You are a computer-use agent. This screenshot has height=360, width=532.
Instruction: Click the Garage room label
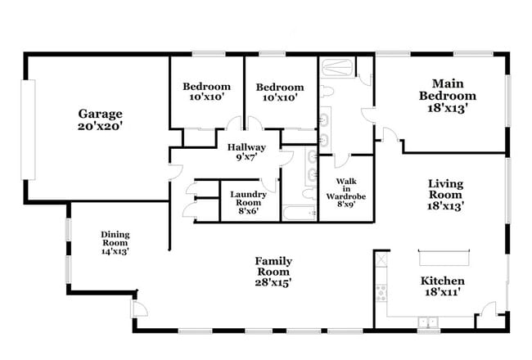[x=100, y=114]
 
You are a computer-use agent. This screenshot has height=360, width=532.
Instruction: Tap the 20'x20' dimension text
[x=100, y=126]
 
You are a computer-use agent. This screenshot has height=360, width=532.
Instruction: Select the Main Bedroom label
[x=448, y=89]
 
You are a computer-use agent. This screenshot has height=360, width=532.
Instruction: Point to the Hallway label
[x=246, y=147]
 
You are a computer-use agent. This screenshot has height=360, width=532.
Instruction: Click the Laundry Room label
[x=248, y=199]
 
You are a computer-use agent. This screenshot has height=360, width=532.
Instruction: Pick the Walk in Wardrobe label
[x=346, y=189]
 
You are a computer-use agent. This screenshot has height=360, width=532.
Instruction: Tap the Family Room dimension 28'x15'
[x=273, y=282]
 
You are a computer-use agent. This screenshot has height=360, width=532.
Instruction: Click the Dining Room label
[x=115, y=239]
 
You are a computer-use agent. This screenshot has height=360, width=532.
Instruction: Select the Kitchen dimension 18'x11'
[x=443, y=292]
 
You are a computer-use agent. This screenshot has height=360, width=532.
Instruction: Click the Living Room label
[x=445, y=189]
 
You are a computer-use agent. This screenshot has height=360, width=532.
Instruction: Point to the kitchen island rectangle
[x=444, y=258]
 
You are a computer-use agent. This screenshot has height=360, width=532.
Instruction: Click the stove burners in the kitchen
[x=381, y=293]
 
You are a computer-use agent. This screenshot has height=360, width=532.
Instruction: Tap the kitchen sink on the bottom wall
[x=428, y=322]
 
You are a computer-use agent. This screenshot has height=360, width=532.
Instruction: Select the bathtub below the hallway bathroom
[x=300, y=213]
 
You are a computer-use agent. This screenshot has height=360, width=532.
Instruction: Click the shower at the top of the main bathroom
[x=337, y=68]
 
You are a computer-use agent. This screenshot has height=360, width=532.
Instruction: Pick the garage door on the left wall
[x=28, y=129]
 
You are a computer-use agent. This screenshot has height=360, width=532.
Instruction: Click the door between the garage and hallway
[x=175, y=172]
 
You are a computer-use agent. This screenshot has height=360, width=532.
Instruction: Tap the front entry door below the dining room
[x=139, y=308]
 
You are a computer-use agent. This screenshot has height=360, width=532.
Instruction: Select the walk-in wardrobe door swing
[x=341, y=161]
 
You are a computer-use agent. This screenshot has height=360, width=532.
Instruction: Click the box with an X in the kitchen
[x=381, y=260]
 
